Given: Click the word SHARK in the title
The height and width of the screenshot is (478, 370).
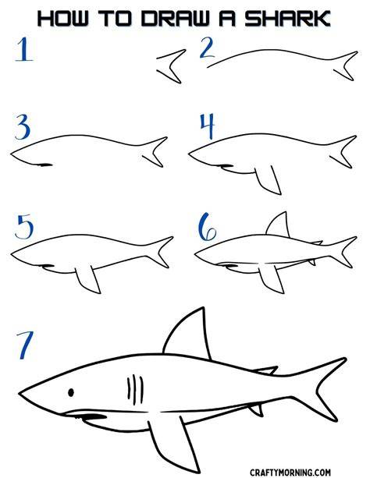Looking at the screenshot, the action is tap(287, 19).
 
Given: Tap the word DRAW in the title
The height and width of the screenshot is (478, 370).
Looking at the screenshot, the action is tap(175, 19).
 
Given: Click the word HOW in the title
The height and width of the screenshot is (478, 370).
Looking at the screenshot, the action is tap(62, 19).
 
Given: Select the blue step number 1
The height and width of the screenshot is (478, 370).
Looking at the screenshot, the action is tap(24, 49).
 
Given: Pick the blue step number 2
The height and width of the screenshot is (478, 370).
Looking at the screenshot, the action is tap(208, 48).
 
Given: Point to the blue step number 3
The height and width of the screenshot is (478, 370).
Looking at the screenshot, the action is tap(23, 126).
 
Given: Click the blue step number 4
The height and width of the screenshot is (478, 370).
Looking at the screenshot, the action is tap(208, 126).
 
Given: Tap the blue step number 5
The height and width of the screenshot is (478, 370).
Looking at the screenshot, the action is tap(24, 227).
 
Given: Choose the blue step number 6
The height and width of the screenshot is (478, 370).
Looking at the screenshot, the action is tap(207, 227).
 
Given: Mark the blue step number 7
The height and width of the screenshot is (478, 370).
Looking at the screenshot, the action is tap(25, 345).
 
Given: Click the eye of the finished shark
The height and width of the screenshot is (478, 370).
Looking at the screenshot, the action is tap(71, 392).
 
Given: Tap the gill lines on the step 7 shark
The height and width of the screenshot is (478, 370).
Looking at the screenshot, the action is tap(135, 389).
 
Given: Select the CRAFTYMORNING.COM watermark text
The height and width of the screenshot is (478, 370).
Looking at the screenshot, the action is tap(290, 473).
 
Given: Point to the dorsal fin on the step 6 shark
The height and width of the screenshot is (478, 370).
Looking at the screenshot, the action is tap(278, 225).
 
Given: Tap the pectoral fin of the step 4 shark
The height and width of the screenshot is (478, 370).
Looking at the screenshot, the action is tap(269, 180).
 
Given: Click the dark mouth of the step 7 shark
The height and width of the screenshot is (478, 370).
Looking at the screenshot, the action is tap(91, 416).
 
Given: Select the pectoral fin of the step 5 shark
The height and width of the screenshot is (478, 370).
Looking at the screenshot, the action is tap(88, 279).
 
